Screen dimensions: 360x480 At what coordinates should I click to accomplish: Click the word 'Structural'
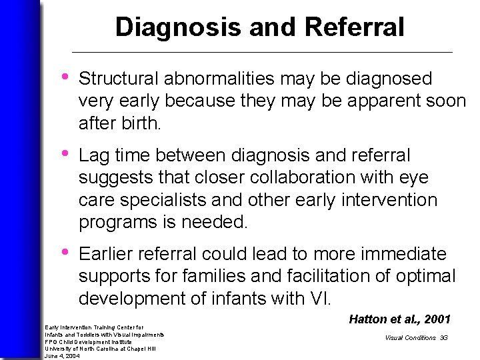[x=120, y=79]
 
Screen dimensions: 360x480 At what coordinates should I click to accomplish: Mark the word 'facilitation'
[x=321, y=276]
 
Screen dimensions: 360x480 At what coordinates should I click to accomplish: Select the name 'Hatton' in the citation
[x=368, y=320]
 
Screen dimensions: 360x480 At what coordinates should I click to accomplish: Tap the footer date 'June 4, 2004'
[x=62, y=356]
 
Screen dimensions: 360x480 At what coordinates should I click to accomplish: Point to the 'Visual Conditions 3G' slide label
[x=416, y=338]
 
